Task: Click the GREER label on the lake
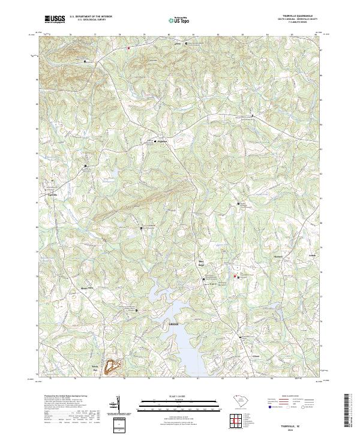pyautogui.click(x=174, y=324)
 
